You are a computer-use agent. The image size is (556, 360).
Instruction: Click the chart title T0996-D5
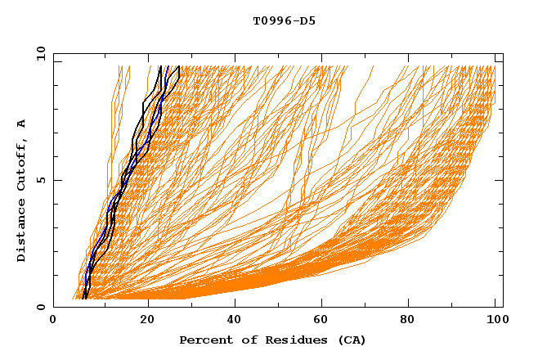point(284,21)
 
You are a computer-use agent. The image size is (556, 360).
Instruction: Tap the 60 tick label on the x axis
point(323,320)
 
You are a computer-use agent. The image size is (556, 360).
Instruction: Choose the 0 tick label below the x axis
point(53,320)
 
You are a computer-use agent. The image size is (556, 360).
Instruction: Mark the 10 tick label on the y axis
point(40,53)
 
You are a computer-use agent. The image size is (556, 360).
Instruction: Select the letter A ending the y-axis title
point(21,123)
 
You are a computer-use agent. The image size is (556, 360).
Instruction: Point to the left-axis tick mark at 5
point(56,180)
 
